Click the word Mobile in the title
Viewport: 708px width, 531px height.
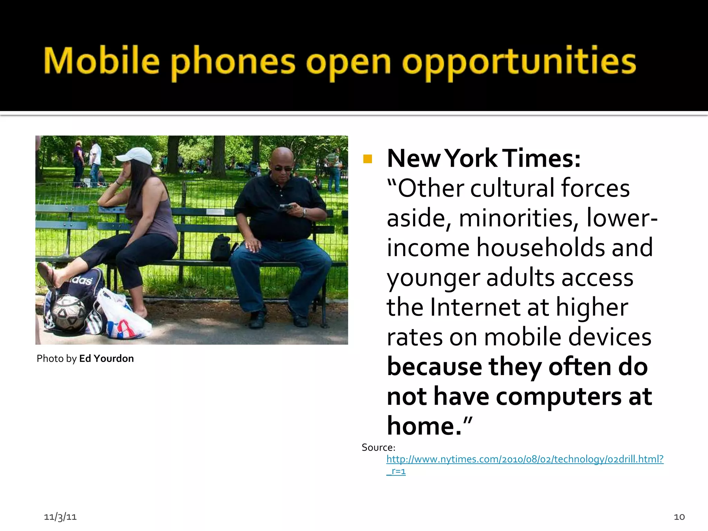[101, 61]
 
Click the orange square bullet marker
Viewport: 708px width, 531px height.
[367, 159]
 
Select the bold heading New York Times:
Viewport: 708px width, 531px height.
[484, 158]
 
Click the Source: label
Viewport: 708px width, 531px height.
[378, 447]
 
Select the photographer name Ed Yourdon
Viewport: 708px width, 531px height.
[106, 358]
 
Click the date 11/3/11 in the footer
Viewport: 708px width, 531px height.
[60, 517]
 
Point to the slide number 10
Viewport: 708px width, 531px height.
[679, 517]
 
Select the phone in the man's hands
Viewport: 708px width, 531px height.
[286, 207]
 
